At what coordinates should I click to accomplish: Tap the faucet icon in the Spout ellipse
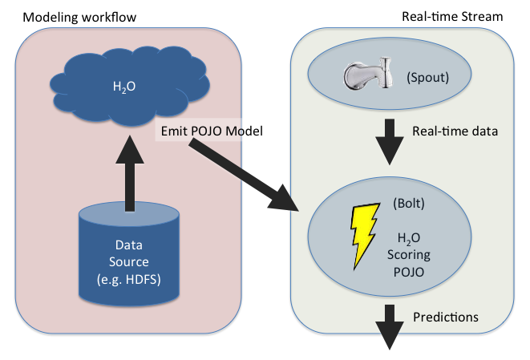coord(368,78)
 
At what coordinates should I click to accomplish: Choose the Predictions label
coord(446,318)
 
